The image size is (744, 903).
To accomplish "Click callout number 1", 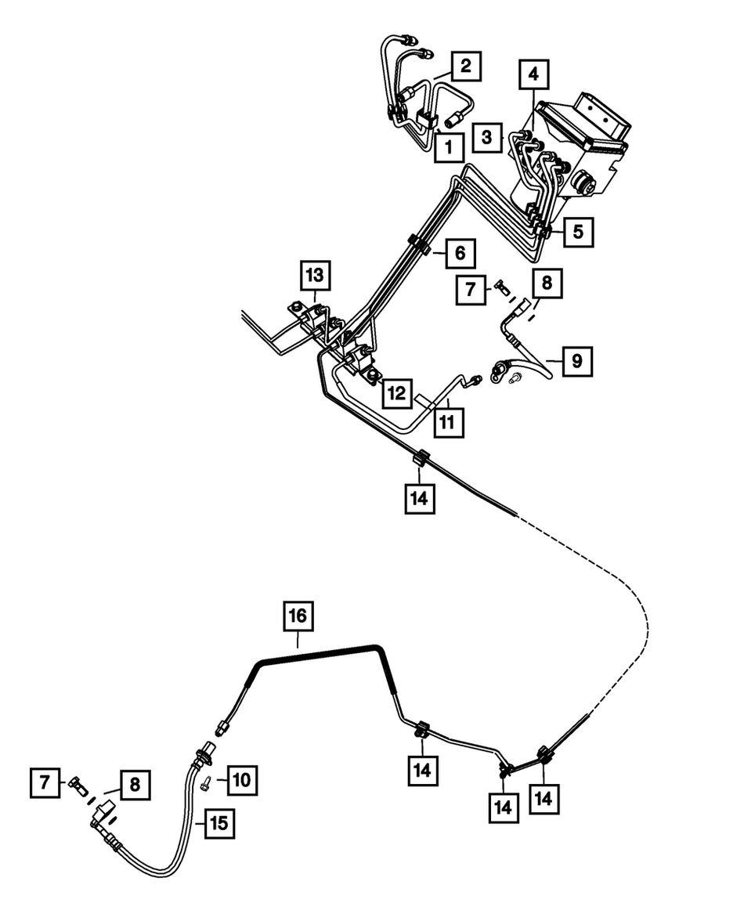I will (448, 146).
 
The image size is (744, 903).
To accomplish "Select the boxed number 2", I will (465, 67).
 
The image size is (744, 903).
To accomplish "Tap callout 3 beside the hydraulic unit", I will (487, 138).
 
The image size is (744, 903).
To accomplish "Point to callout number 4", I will (533, 76).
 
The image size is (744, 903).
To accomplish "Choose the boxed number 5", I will (577, 232).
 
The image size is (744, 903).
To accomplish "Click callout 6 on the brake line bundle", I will (460, 254).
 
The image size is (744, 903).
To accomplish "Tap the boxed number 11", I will (446, 422).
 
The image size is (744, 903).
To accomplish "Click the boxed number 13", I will (314, 276).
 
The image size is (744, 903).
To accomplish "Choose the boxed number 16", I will (298, 616).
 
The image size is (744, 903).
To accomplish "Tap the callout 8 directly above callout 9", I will (547, 283).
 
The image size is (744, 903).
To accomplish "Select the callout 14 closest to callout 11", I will (419, 497).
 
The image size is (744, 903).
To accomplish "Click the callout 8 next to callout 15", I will (135, 784).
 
